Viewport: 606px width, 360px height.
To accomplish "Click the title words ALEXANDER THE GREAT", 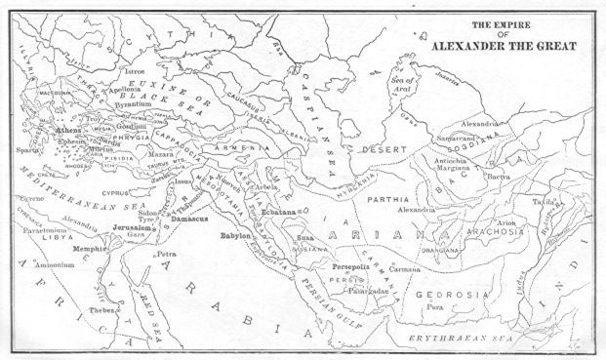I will (x=501, y=46).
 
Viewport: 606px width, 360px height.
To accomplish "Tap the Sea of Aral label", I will (x=402, y=85).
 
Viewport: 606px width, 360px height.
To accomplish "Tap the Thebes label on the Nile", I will (x=101, y=311).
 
